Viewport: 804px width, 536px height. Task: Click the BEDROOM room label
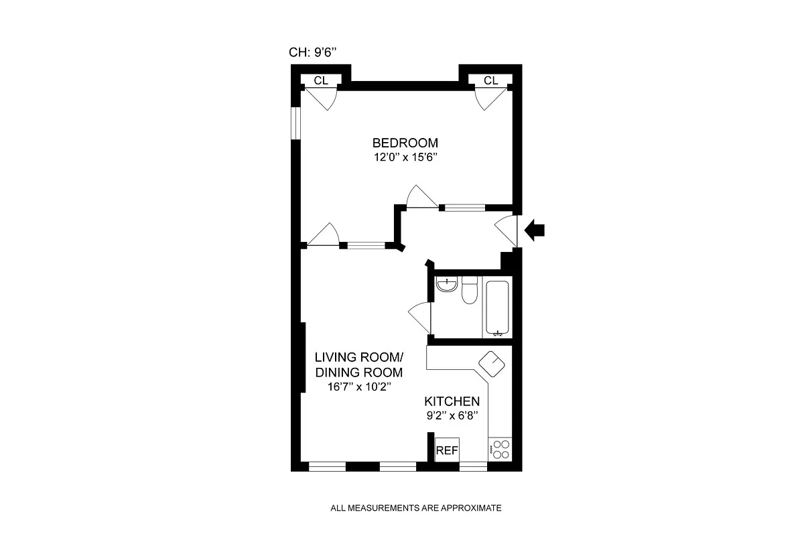coord(405,143)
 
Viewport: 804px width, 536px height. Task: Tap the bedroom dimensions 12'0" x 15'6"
coord(405,158)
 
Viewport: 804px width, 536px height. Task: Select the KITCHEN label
coord(452,401)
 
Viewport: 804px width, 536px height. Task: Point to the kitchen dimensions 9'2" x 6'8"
coord(452,416)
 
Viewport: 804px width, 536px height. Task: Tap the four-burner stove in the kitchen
coord(500,448)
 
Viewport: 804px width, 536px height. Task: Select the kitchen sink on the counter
coord(492,366)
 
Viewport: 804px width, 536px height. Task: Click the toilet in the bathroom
coord(469,289)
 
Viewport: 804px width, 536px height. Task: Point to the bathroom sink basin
coord(446,285)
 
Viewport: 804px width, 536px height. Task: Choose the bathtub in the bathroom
coord(496,308)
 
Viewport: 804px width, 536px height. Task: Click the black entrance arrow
coord(535,230)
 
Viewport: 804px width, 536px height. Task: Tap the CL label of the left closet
coord(321,80)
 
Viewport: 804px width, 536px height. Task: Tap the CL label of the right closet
coord(491,80)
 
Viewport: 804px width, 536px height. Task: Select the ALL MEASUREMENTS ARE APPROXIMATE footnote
coord(416,508)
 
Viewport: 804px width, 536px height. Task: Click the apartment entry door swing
coord(506,231)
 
